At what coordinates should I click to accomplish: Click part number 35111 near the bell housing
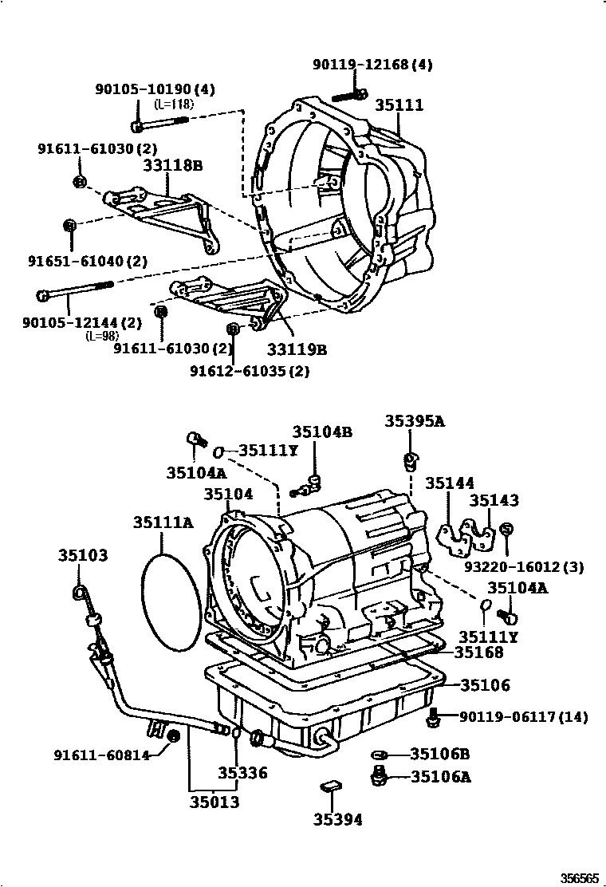click(399, 105)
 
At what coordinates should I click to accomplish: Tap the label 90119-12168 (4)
click(372, 65)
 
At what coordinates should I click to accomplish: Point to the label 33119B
click(297, 349)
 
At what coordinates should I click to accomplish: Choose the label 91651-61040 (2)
click(88, 261)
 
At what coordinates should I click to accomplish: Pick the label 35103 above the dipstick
click(82, 555)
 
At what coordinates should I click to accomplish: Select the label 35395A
click(415, 421)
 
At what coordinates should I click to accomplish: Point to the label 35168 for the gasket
click(478, 652)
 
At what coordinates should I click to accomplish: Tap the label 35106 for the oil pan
click(485, 684)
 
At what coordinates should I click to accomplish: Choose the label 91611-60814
click(102, 755)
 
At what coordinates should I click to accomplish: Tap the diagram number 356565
click(578, 877)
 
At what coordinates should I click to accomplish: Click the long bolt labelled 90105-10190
click(159, 124)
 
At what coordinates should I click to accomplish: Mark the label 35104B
click(321, 432)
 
